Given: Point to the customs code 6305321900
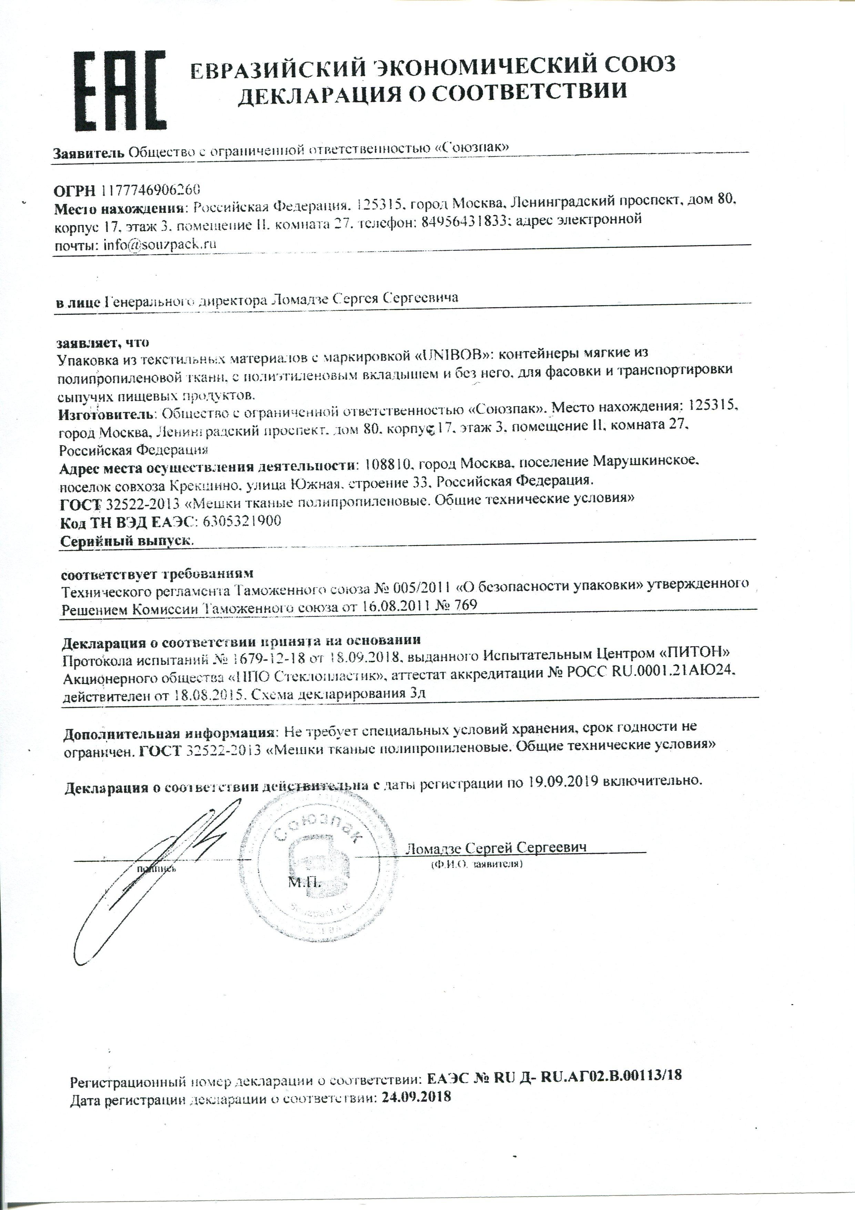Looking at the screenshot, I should coord(241,521).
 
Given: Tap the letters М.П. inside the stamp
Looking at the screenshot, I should coord(304,883).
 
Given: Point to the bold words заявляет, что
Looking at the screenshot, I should coord(103,342).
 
